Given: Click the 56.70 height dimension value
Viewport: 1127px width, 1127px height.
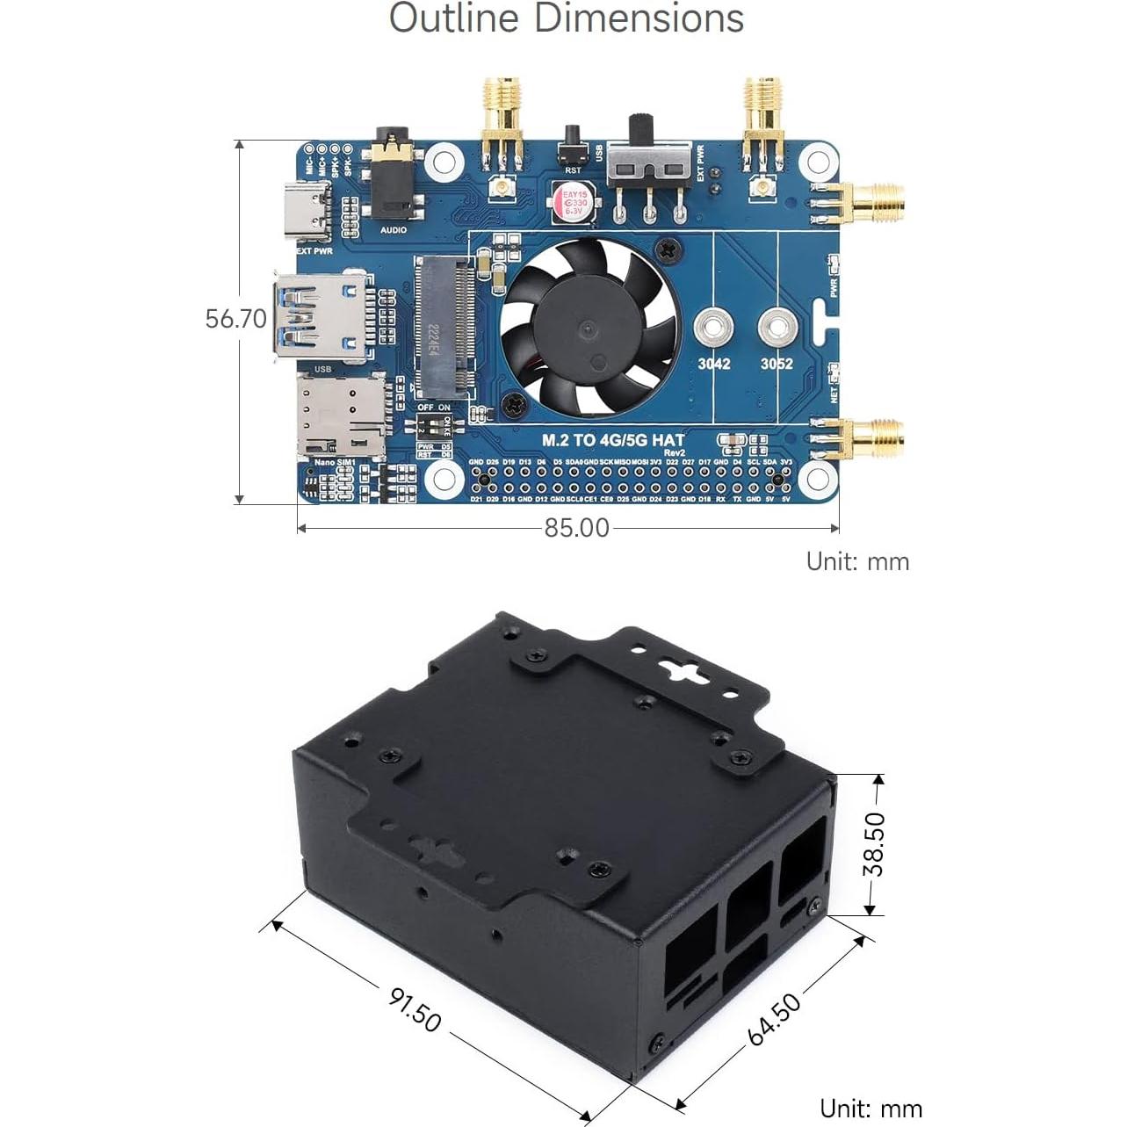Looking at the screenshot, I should point(235,318).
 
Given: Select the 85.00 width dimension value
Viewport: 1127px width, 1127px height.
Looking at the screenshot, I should point(576,527).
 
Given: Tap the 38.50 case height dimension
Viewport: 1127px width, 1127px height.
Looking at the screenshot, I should point(874,844).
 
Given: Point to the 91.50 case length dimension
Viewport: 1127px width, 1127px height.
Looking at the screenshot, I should point(415,1009).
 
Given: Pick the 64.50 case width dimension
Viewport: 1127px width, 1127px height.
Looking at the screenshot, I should point(775,1019).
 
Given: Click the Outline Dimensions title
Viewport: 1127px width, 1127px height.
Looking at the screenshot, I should point(566,19).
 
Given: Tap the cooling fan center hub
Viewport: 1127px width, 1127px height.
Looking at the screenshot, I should point(588,329).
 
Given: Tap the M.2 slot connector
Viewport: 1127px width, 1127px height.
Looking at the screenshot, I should point(445,325).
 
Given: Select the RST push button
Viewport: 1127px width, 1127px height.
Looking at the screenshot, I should point(573,141).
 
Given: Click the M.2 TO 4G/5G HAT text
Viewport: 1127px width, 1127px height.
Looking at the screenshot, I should point(612,440).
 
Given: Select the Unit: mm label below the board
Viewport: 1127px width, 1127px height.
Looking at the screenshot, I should point(857,561).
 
